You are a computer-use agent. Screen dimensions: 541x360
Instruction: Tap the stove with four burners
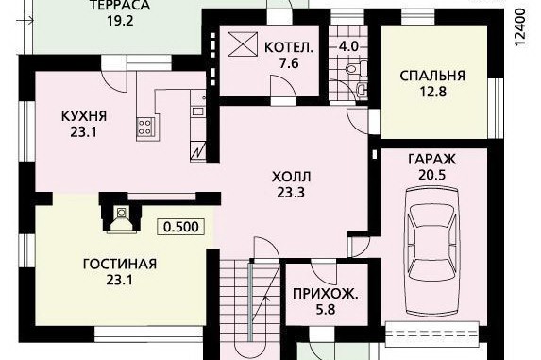pos(144,127)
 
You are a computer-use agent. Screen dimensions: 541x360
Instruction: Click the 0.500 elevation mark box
pos(180,227)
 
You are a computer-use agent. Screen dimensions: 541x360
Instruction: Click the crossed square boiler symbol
pos(243,43)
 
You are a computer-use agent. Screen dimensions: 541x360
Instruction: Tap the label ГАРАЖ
pos(432,160)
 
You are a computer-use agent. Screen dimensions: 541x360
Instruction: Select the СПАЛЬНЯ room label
pos(432,76)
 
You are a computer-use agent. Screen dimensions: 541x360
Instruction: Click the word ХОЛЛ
pos(291,177)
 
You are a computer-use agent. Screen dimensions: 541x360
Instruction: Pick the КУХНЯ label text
pos(84,116)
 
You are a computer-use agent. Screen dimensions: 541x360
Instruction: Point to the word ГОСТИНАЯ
pos(120,264)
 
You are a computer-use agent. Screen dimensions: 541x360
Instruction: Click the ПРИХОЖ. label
pos(326,294)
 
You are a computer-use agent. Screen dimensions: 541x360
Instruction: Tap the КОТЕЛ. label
pos(289,47)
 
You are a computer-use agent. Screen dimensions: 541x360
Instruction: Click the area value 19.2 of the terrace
pos(119,21)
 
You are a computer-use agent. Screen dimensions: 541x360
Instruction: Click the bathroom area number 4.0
pos(348,46)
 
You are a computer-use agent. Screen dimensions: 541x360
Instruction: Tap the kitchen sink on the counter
pos(197,111)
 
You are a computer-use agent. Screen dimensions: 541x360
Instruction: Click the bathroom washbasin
pos(362,89)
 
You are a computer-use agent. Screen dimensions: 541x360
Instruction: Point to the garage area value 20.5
pos(432,175)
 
